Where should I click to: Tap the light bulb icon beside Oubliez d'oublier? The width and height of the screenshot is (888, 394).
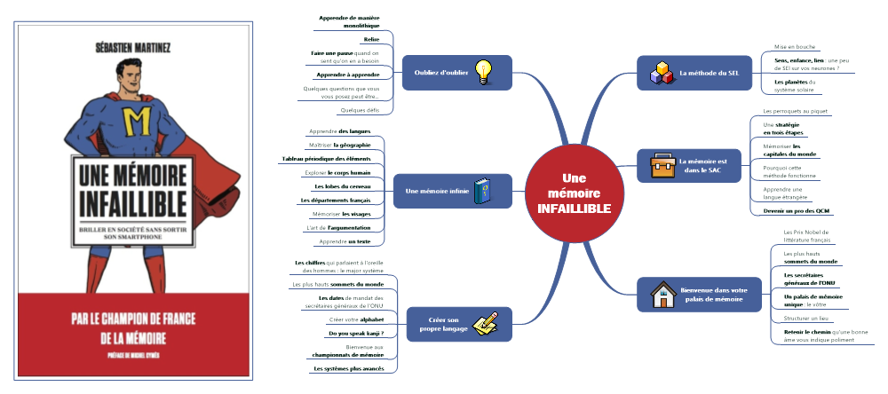[x=483, y=71]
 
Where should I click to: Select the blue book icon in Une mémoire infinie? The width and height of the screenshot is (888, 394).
[x=481, y=191]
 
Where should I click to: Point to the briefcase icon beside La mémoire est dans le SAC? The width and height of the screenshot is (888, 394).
[x=662, y=165]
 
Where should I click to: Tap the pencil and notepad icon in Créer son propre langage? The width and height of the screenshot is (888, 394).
[x=485, y=324]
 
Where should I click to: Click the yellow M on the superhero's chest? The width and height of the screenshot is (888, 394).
[x=138, y=117]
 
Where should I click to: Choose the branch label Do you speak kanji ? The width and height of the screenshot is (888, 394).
[x=350, y=333]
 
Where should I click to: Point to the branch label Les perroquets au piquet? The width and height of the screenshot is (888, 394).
[x=795, y=112]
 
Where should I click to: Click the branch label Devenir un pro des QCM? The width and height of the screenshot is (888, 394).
[x=801, y=210]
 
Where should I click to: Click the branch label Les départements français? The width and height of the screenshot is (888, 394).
[x=339, y=201]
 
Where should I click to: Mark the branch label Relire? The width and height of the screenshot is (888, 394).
[x=371, y=40]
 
